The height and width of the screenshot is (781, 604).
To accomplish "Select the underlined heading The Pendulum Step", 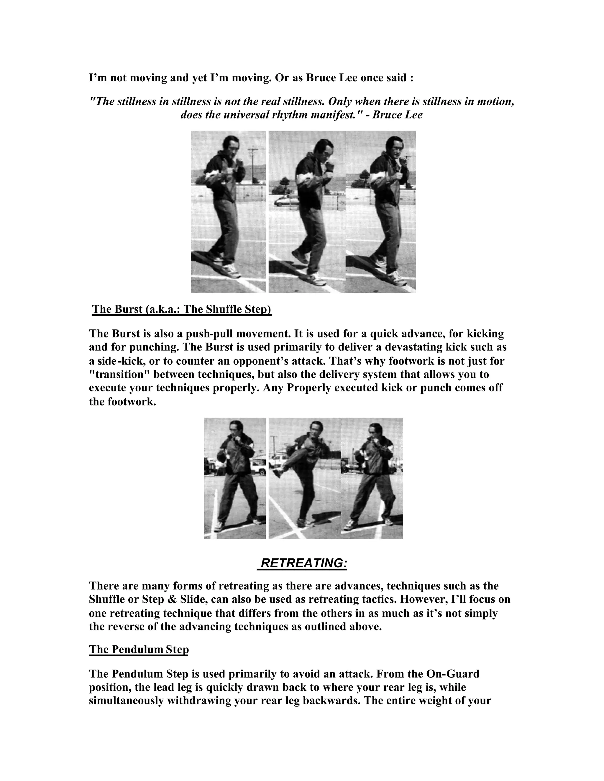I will click(139, 649).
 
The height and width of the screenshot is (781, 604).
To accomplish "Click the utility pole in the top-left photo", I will click(253, 164).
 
